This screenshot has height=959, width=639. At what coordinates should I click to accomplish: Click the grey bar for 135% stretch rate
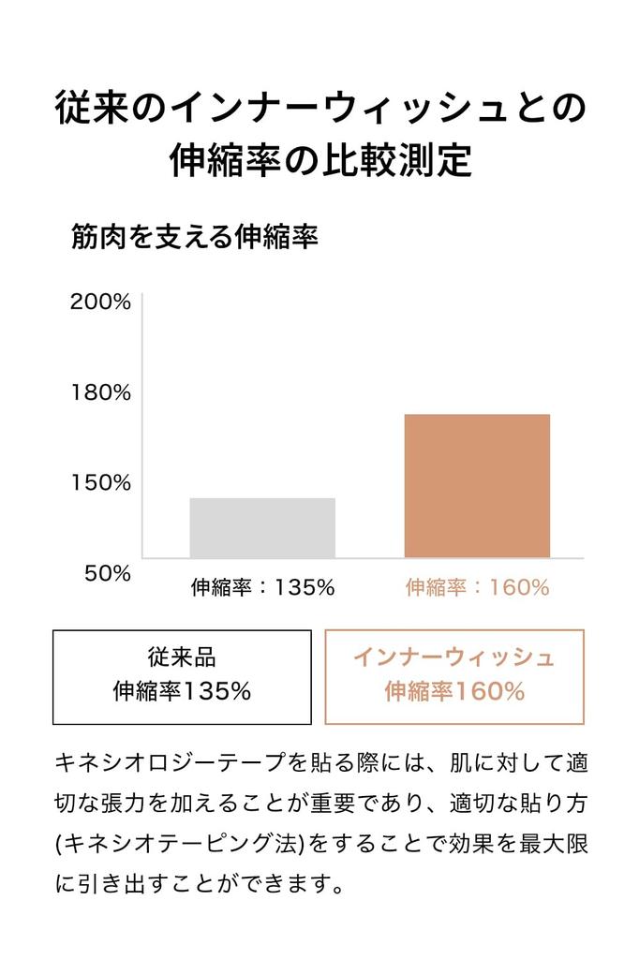click(x=262, y=528)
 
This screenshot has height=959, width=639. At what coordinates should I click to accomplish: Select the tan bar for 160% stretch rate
click(x=477, y=486)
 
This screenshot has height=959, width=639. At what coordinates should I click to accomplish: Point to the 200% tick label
click(x=100, y=302)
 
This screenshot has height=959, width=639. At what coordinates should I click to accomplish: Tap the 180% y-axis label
click(x=101, y=392)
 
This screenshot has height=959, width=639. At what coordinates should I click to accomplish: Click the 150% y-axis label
click(x=101, y=482)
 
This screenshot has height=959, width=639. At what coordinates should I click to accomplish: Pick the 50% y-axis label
click(x=108, y=573)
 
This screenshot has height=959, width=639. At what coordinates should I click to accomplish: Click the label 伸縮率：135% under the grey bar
click(x=262, y=587)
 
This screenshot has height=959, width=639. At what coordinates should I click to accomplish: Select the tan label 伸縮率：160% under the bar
click(x=478, y=587)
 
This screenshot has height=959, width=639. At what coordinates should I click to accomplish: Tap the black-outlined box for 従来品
click(x=182, y=677)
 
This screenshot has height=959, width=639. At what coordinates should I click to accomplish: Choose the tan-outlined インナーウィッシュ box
click(x=454, y=677)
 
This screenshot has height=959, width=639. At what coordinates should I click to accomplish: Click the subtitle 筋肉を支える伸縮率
click(x=195, y=237)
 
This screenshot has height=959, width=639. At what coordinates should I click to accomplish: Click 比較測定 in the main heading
click(x=398, y=159)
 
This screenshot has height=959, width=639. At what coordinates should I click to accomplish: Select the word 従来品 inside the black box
click(x=182, y=657)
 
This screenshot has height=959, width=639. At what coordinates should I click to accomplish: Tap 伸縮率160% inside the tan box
click(x=454, y=692)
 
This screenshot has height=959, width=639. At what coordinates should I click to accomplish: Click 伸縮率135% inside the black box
click(x=182, y=692)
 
